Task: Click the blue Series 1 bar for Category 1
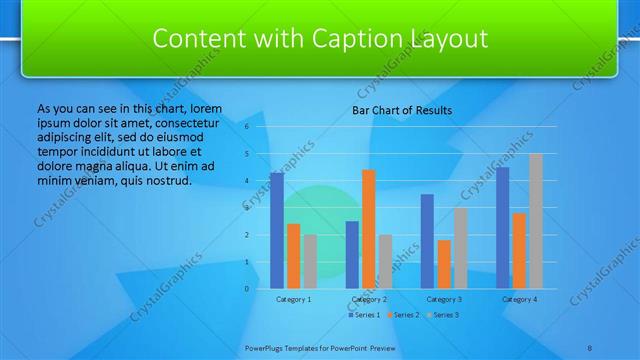[277, 231]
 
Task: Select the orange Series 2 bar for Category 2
[369, 229]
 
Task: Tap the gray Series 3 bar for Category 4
[536, 221]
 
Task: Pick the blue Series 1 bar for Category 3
[427, 241]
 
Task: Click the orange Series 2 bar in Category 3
[444, 264]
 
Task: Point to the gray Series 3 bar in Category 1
[310, 261]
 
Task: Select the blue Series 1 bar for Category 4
[502, 228]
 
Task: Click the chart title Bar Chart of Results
[402, 110]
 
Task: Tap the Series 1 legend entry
[364, 315]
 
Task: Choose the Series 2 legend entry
[402, 315]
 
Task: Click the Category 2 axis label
[369, 299]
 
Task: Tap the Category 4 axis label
[519, 299]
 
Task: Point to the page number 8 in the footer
[590, 347]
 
